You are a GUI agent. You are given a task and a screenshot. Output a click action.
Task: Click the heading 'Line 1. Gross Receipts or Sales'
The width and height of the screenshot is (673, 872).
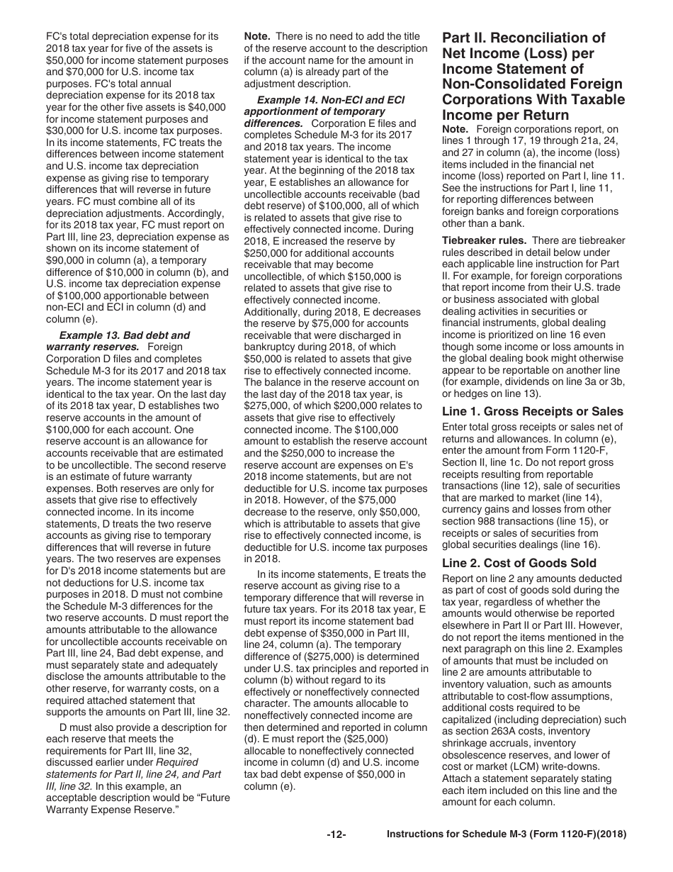532,411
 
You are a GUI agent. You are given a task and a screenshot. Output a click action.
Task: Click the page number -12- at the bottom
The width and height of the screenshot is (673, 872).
336,834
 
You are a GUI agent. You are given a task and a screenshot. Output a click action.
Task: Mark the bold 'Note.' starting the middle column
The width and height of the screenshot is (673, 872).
258,36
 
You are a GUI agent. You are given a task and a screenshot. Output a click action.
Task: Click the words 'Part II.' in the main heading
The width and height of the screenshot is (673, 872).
466,38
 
